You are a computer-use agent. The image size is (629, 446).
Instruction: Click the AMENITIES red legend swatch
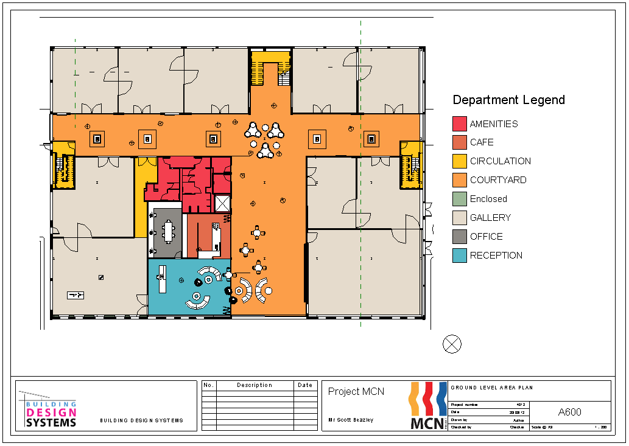pos(460,124)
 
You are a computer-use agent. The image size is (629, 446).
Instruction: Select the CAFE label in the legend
pos(482,142)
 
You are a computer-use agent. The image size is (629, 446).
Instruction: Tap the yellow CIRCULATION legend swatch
pos(460,161)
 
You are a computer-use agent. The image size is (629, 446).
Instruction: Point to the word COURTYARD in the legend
pos(498,180)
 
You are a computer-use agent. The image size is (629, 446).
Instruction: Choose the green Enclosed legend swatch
pos(460,199)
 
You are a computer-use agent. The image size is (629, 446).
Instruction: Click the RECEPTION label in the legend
pos(496,256)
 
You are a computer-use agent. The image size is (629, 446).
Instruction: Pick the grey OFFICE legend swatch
pos(460,237)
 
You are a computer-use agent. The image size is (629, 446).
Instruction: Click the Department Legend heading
pos(508,100)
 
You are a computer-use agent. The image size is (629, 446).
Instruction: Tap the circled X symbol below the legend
pos(452,344)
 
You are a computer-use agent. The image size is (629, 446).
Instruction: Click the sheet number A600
pos(569,412)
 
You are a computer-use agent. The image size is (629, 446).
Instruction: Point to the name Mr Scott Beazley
pos(351,420)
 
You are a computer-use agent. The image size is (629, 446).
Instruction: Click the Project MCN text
pos(356,391)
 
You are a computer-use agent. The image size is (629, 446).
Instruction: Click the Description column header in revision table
pos(255,385)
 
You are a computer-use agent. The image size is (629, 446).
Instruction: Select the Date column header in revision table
pos(305,385)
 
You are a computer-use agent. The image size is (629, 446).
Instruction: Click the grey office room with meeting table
pos(167,232)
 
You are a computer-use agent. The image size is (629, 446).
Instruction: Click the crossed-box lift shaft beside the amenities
pos(222,203)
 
